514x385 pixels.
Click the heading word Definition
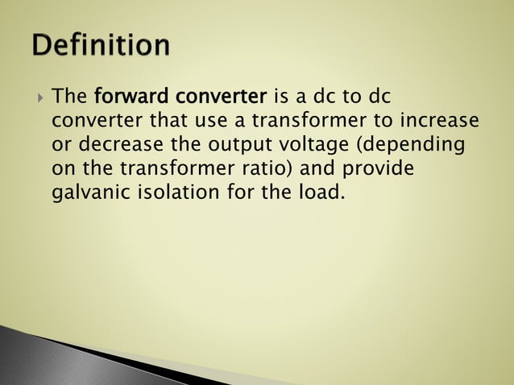tap(102, 45)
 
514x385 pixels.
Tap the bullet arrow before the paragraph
tap(40, 98)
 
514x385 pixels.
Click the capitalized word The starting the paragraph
tap(69, 98)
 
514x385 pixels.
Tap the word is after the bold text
tap(281, 98)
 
